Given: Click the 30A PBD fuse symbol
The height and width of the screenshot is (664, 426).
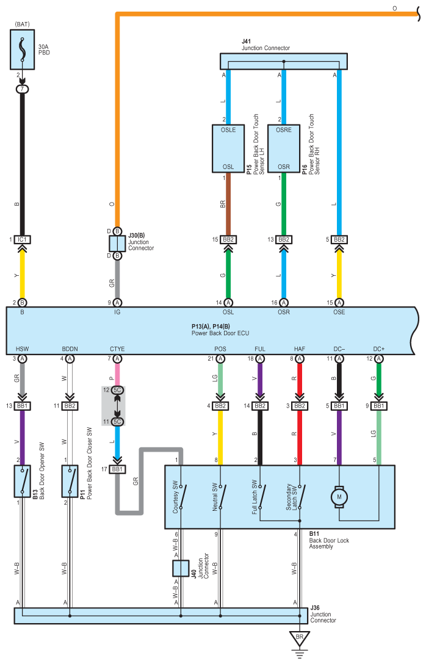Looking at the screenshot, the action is point(23,49).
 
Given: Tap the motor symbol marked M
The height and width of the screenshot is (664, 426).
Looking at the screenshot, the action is point(339,497).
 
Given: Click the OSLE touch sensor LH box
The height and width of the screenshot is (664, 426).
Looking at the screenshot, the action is point(228,148).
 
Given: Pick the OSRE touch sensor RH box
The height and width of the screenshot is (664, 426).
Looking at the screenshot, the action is point(284,148).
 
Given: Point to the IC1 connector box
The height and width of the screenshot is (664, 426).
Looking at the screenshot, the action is point(23,240).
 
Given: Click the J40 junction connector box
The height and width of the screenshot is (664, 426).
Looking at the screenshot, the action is point(181,568).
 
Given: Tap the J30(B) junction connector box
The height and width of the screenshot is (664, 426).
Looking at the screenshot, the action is point(117,244).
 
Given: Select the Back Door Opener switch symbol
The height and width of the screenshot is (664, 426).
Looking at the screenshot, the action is point(23,481).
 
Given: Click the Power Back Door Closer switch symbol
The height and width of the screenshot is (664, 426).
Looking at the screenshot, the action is point(70,481).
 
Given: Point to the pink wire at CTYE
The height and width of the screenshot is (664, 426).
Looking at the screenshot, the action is point(117,374).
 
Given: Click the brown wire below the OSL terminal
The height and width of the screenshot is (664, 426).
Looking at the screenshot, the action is point(228,204).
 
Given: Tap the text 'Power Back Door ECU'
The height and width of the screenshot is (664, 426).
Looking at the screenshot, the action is point(220,333).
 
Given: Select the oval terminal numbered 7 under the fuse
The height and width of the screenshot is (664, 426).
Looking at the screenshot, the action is point(23,89).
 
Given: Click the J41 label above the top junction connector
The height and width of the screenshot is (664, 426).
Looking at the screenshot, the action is point(246,41).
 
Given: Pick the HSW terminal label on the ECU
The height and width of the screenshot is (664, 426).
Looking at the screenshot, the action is point(23,349).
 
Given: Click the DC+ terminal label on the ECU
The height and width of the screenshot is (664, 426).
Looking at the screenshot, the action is point(379,349).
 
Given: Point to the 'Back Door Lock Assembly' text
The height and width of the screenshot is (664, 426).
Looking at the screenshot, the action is point(329,543).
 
